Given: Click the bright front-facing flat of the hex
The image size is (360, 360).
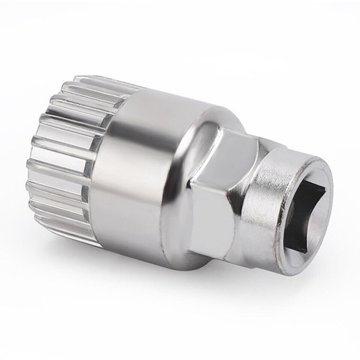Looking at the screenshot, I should point(216,216).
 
